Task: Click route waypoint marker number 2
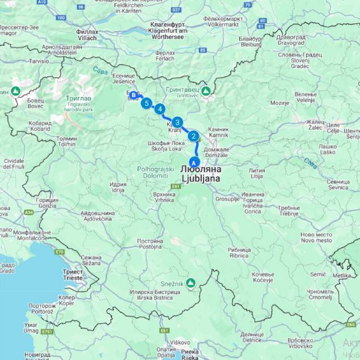(x=193, y=136)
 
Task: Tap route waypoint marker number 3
(x=177, y=122)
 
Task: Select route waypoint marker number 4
(x=160, y=109)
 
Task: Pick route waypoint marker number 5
(x=147, y=103)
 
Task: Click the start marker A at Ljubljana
(x=197, y=162)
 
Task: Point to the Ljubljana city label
(x=200, y=173)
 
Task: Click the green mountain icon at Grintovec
(x=205, y=90)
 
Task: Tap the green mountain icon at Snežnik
(x=192, y=282)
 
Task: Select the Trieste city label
(x=72, y=275)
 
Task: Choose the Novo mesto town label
(x=316, y=238)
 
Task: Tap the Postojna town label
(x=150, y=244)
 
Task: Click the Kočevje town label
(x=262, y=277)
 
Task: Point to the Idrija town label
(x=118, y=187)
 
